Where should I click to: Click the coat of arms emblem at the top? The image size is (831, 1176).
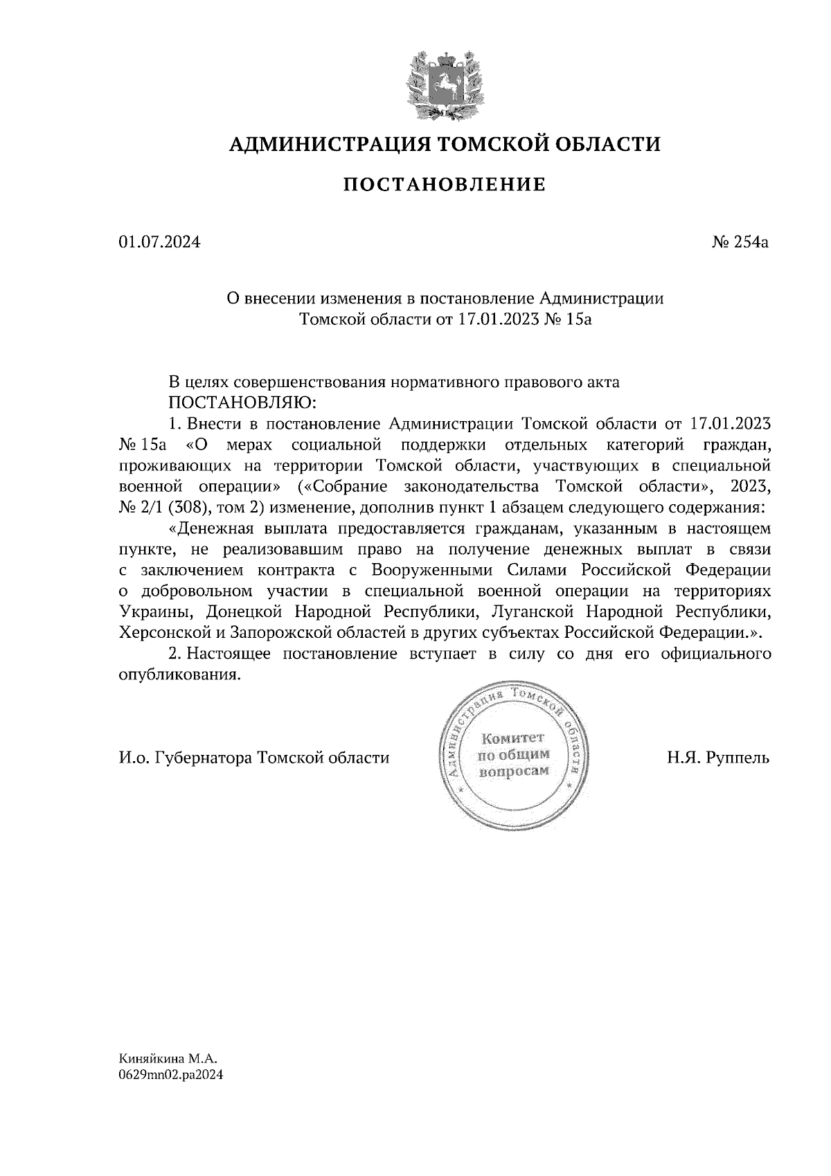444,83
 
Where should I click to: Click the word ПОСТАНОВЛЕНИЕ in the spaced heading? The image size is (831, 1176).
444,185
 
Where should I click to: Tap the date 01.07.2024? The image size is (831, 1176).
159,243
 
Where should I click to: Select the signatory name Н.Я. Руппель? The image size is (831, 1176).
718,758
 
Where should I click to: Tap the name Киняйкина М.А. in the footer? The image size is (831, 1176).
168,1059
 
